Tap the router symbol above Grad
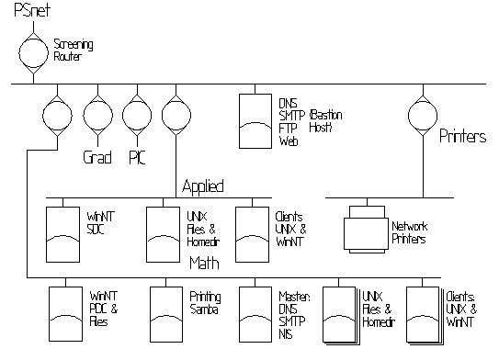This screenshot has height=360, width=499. click(96, 116)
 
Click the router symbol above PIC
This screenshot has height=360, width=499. click(136, 116)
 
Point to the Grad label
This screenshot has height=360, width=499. click(97, 157)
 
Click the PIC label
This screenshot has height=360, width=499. click(137, 157)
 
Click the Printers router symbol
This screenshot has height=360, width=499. click(420, 116)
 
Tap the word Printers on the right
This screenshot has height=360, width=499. click(462, 137)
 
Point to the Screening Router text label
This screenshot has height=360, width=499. click(74, 50)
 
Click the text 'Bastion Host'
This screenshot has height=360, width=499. click(321, 122)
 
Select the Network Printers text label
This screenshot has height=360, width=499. click(409, 232)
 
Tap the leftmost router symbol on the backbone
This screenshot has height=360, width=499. click(57, 116)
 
